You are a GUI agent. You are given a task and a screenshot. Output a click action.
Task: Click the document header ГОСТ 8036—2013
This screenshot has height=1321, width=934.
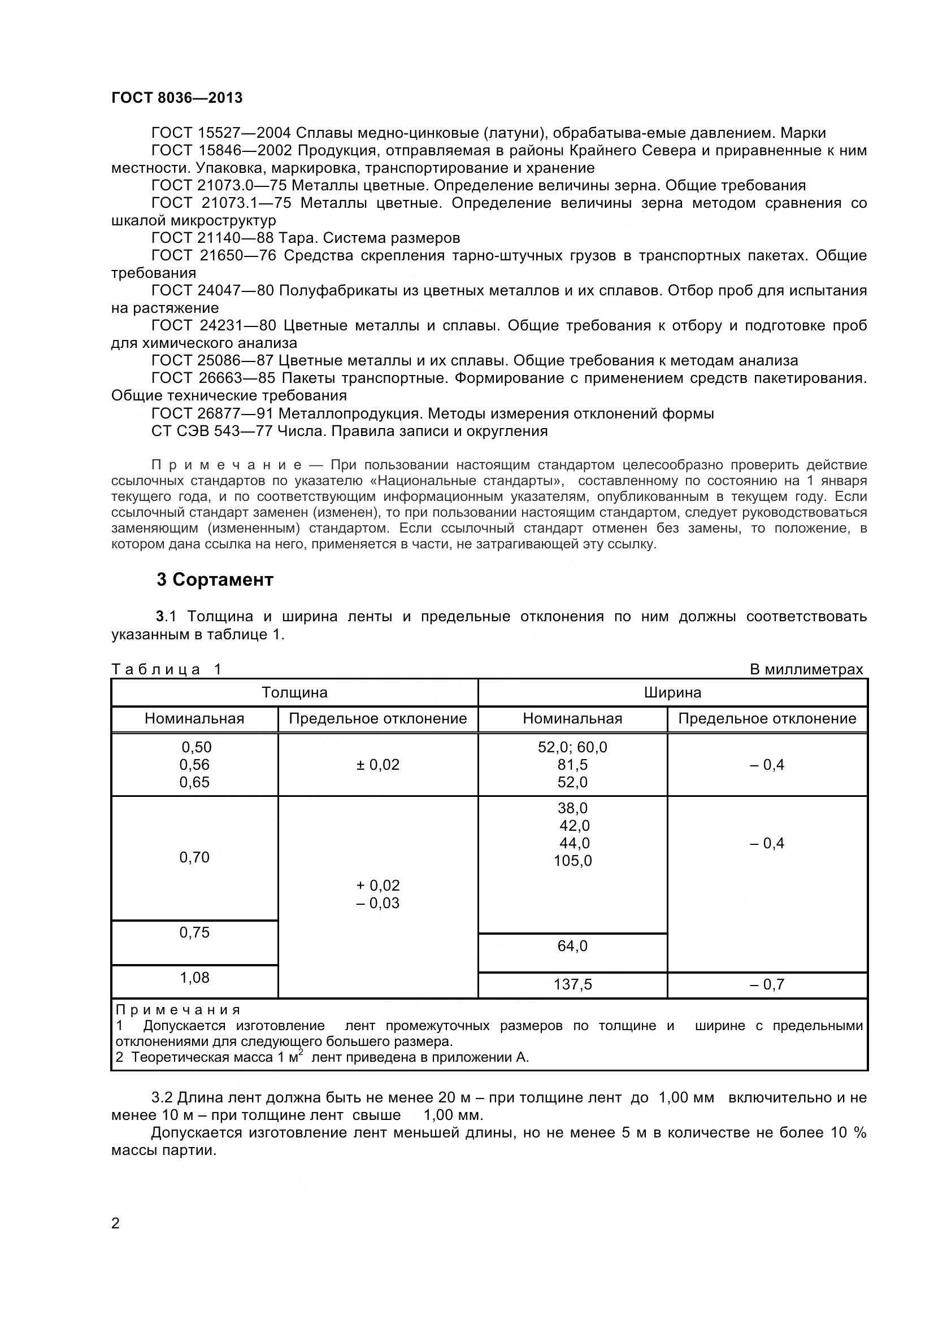click(177, 98)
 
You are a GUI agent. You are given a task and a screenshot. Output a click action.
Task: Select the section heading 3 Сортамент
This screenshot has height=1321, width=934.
click(215, 579)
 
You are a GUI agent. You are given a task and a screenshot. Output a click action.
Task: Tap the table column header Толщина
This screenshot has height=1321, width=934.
click(294, 692)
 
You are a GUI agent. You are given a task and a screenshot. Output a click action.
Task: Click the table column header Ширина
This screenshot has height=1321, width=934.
click(672, 692)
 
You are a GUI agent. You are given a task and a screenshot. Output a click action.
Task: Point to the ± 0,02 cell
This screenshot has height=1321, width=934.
click(377, 765)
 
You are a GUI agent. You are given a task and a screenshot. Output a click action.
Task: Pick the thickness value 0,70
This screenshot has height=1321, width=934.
click(194, 857)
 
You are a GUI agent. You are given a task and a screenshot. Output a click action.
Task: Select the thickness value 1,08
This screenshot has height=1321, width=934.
click(194, 978)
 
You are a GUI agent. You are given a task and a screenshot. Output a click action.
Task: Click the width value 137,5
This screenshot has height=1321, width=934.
click(572, 984)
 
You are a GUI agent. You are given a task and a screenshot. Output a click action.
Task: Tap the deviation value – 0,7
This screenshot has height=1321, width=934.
click(767, 984)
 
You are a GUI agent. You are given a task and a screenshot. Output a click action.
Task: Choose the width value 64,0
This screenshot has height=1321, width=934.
click(572, 946)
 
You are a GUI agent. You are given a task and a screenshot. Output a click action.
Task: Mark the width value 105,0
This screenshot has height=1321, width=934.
click(572, 861)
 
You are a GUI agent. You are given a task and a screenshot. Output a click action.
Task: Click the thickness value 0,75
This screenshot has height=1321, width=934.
click(194, 932)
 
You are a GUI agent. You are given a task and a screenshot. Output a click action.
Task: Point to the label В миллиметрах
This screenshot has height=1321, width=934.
click(806, 669)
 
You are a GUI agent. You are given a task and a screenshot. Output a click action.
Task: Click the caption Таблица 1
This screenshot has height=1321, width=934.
click(166, 669)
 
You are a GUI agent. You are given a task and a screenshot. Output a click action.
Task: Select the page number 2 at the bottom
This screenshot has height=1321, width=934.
click(115, 1223)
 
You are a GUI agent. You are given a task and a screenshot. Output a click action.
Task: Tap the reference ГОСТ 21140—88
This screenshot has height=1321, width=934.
click(212, 238)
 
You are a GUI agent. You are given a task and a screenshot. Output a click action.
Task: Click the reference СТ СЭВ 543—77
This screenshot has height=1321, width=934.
click(212, 431)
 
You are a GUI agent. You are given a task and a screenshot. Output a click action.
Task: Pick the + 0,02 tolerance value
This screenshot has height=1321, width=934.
click(377, 886)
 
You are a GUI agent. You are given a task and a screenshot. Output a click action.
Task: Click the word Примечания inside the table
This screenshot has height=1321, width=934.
click(178, 1010)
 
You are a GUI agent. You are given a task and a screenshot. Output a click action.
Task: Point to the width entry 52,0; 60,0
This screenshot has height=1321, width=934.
click(572, 747)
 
